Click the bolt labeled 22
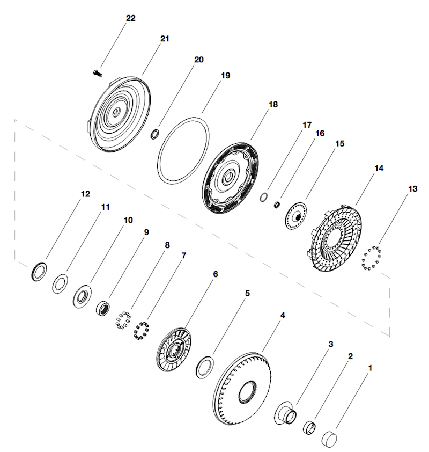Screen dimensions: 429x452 click(98, 73)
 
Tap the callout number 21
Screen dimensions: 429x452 click(165, 39)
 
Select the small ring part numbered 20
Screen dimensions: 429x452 click(155, 134)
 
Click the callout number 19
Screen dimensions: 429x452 click(225, 76)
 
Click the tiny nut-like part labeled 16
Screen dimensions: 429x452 click(277, 205)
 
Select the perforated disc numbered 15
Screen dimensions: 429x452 click(295, 216)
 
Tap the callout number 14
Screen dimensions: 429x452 click(379, 169)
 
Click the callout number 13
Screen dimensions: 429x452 click(412, 189)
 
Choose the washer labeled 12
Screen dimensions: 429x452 click(39, 271)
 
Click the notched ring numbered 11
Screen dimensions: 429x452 click(60, 283)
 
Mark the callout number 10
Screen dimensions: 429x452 click(128, 220)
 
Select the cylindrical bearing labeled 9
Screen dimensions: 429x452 click(103, 308)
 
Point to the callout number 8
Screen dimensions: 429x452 click(167, 245)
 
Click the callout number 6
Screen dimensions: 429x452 click(216, 274)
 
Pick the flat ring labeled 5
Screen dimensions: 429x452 click(205, 367)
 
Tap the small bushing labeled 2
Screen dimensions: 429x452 click(309, 427)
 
